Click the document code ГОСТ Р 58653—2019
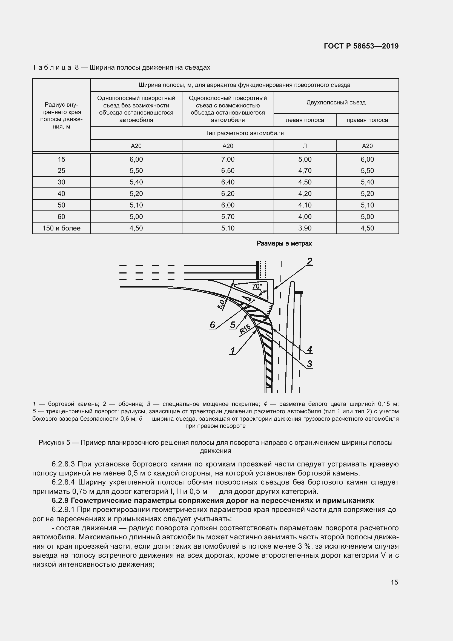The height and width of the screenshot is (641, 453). [361, 46]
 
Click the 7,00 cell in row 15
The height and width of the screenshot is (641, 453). [228, 159]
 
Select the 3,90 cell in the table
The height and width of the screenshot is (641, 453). [305, 228]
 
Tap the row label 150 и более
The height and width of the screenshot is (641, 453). [61, 228]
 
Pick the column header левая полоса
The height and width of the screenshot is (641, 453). [305, 120]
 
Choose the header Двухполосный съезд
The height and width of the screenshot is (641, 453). [336, 102]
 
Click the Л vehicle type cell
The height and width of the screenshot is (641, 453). [305, 146]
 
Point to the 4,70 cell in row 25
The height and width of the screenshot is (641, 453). [305, 170]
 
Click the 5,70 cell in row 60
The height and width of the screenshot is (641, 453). [228, 217]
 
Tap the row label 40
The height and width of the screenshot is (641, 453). [61, 194]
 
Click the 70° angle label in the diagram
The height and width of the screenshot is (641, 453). [257, 286]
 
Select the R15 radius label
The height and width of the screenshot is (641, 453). [245, 329]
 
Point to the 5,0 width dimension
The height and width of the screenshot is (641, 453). [221, 304]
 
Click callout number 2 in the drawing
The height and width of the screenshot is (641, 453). [309, 261]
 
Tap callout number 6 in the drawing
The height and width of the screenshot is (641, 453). [213, 325]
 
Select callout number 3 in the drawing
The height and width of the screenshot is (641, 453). [309, 364]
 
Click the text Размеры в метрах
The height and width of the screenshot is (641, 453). [284, 243]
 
